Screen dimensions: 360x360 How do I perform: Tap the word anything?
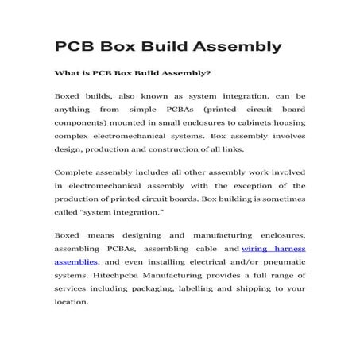72,110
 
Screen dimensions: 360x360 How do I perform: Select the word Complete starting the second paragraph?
76,172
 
